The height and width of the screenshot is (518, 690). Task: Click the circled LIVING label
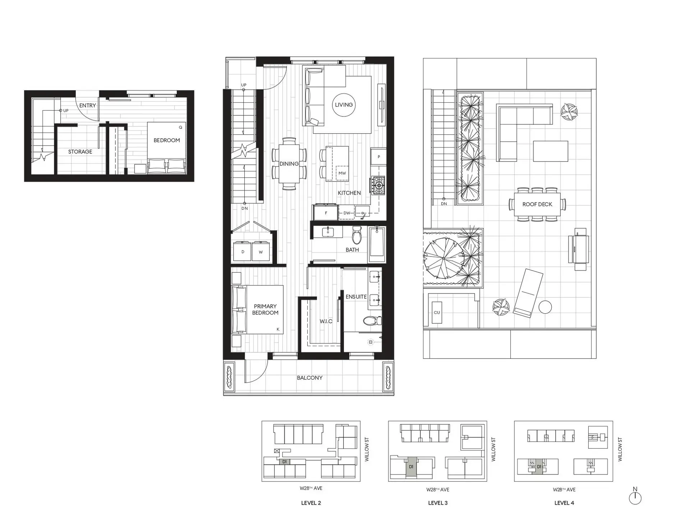pyautogui.click(x=344, y=105)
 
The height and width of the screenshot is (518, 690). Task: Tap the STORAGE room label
pyautogui.click(x=80, y=152)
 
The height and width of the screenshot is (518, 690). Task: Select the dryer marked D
pyautogui.click(x=243, y=251)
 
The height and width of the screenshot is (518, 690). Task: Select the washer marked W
pyautogui.click(x=261, y=251)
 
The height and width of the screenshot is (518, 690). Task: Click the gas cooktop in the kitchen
pyautogui.click(x=378, y=185)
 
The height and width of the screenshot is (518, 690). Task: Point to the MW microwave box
pyautogui.click(x=342, y=173)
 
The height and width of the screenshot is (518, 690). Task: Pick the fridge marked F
pyautogui.click(x=326, y=213)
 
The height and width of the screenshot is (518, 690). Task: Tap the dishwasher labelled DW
pyautogui.click(x=346, y=213)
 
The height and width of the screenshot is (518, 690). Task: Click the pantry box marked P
pyautogui.click(x=378, y=157)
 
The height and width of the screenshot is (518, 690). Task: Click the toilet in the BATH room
pyautogui.click(x=357, y=235)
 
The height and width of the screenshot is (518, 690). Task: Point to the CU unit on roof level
pyautogui.click(x=437, y=313)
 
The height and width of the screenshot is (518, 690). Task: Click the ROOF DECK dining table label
pyautogui.click(x=537, y=204)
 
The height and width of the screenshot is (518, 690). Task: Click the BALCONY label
pyautogui.click(x=309, y=378)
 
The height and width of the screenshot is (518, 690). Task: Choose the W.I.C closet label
pyautogui.click(x=326, y=321)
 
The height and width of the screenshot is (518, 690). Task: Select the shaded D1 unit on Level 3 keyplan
pyautogui.click(x=411, y=467)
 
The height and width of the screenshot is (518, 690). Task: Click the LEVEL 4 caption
pyautogui.click(x=564, y=503)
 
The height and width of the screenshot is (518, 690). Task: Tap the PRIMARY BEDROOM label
pyautogui.click(x=265, y=309)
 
